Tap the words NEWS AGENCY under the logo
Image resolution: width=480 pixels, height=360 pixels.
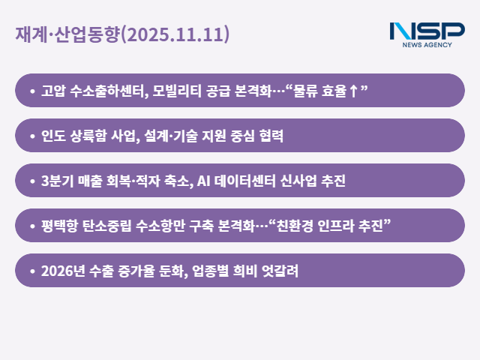[427, 45]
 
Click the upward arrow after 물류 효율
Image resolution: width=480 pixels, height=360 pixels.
[353, 91]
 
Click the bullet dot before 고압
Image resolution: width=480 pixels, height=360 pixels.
[31, 91]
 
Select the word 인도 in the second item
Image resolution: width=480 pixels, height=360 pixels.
[53, 136]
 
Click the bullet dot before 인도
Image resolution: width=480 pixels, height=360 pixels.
[31, 136]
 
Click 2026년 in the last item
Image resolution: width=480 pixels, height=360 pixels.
[64, 271]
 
